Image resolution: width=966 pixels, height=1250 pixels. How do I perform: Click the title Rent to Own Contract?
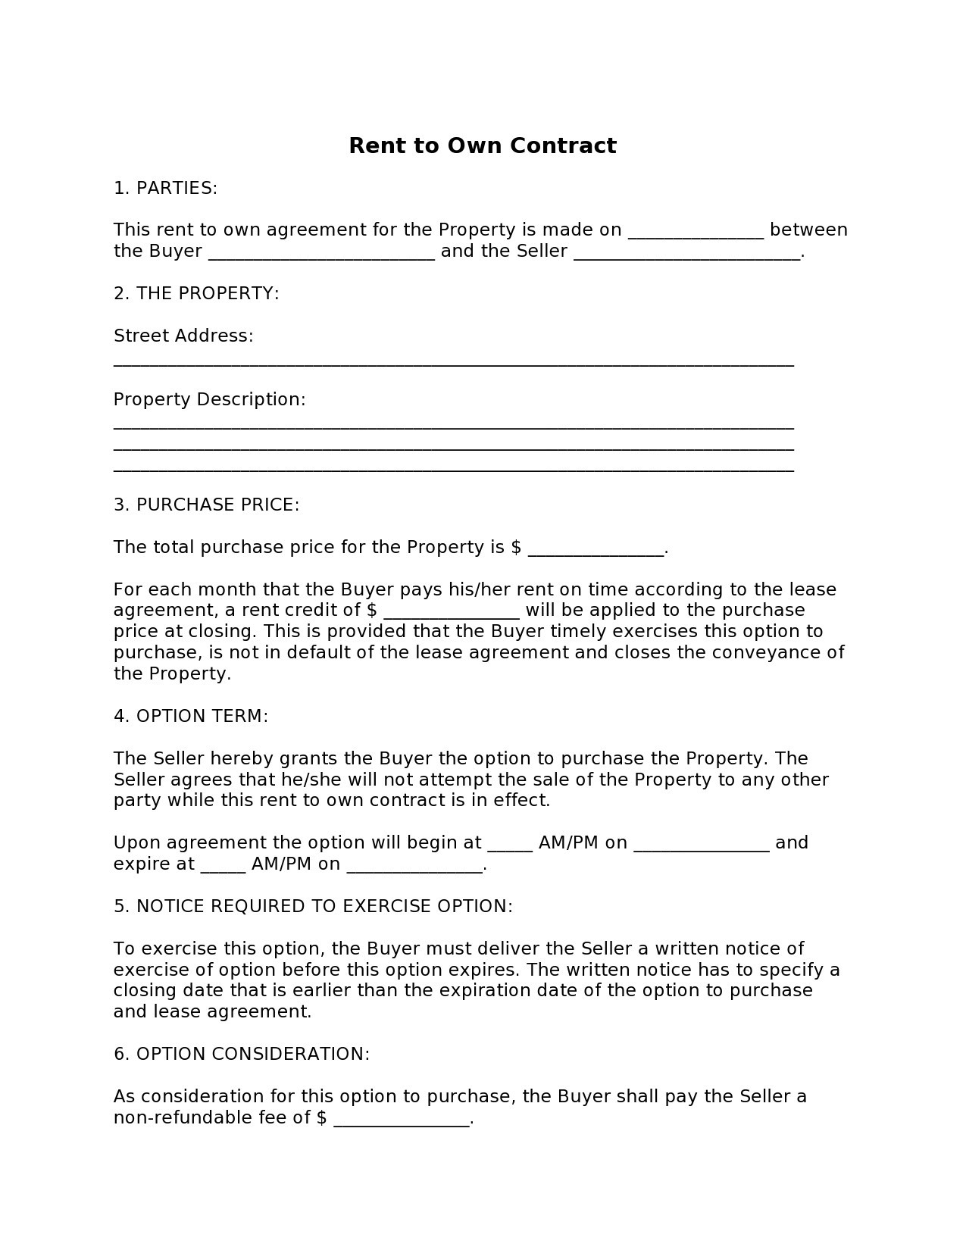coord(482,145)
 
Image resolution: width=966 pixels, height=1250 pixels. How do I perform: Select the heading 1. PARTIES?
coord(165,188)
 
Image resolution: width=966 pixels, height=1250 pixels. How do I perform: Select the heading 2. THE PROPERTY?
coord(196,293)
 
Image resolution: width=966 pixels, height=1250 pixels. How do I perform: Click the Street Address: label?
coord(183,336)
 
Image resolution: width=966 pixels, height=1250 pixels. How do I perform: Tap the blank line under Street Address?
coord(453,364)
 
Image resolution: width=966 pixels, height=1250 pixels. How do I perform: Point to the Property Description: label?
coord(209,399)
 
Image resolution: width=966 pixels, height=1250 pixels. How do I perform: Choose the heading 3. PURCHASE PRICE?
coord(206,505)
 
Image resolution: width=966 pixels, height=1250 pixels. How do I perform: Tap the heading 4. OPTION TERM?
coord(191,716)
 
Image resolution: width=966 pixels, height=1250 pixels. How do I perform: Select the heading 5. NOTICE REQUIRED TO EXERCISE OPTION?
coord(313,906)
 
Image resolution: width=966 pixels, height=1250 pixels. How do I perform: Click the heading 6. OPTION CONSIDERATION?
coord(242,1054)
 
